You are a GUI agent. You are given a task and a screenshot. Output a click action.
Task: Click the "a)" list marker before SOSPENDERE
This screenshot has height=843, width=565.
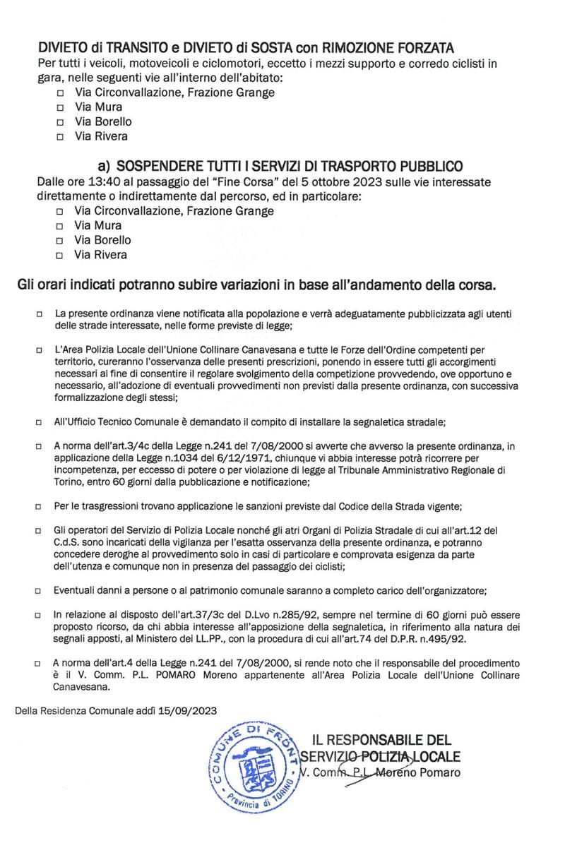click(105, 166)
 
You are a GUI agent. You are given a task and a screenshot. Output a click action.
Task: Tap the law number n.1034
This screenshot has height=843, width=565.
click(155, 458)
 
